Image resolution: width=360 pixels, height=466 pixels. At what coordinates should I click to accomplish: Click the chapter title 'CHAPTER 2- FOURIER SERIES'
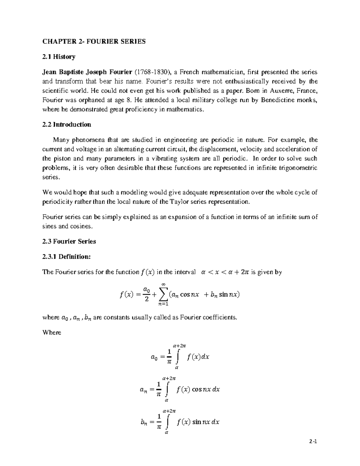pos(94,41)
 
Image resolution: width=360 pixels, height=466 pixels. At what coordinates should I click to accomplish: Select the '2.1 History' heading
pos(59,57)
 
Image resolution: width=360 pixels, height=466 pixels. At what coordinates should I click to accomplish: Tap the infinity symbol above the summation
pos(163,284)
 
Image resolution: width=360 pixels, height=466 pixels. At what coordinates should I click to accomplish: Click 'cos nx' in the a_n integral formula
pos(201,389)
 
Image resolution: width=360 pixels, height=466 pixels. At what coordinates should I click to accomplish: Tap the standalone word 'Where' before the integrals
pos(52,332)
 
